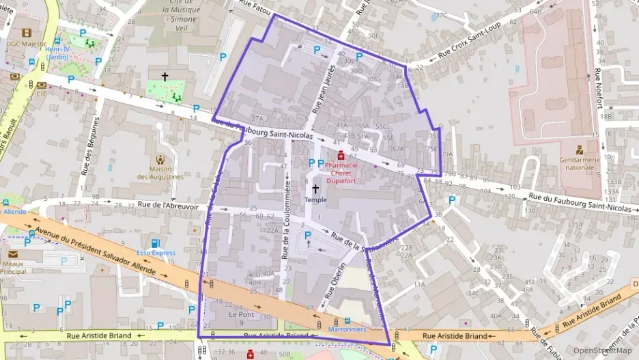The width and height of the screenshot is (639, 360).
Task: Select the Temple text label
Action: [315, 199]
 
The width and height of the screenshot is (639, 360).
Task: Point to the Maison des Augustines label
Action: [160, 173]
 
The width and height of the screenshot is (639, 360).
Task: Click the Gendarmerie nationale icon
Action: [580, 149]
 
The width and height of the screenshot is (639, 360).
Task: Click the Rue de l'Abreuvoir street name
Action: [167, 204]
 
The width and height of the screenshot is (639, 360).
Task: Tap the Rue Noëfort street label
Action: [599, 88]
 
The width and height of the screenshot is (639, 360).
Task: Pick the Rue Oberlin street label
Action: [337, 281]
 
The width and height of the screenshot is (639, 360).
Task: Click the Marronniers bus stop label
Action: [347, 329]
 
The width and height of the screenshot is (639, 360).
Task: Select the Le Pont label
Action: [241, 315]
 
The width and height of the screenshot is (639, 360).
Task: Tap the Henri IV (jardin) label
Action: [56, 53]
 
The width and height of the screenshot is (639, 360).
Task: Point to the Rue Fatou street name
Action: [252, 8]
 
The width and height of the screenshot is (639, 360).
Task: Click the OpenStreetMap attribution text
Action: [599, 350]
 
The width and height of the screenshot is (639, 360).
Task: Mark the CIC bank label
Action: [42, 94]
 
